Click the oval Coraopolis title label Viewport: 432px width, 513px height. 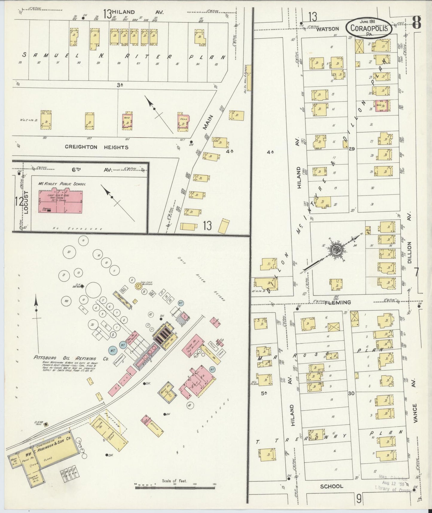click(368, 28)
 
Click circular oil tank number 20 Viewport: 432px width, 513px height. click(69, 252)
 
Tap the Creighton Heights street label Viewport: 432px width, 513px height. click(97, 147)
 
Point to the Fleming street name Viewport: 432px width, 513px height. click(338, 302)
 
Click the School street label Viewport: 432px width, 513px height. click(331, 486)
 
